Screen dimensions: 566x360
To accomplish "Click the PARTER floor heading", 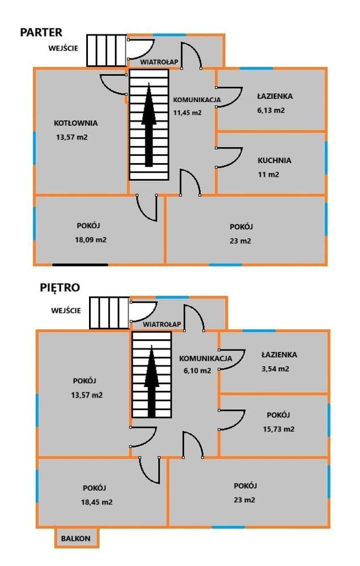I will (41, 32).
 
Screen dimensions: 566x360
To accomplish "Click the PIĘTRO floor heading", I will (60, 287).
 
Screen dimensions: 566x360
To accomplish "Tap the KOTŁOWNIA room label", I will (76, 123).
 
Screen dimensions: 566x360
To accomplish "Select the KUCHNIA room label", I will (274, 160).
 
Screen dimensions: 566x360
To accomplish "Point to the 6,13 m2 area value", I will (270, 110).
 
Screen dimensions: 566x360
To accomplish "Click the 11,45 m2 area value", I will (187, 112).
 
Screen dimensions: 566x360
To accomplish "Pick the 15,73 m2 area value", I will (279, 429).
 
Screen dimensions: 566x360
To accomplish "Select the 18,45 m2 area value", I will (97, 502).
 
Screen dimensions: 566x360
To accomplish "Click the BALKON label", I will (76, 539).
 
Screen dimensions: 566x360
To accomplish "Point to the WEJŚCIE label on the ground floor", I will (63, 48).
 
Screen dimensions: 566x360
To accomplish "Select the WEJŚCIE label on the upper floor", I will (66, 310).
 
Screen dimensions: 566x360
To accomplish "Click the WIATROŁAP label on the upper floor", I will (162, 325).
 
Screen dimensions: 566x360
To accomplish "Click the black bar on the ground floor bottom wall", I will (80, 264).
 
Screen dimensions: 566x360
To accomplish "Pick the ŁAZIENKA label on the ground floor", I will (274, 96).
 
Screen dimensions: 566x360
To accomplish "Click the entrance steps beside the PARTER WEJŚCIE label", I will (106, 51).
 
